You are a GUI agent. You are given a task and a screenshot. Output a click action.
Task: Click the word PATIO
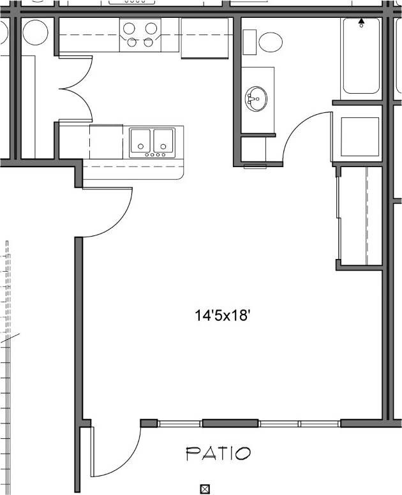click(x=218, y=454)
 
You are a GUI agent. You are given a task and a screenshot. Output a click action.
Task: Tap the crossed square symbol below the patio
click(x=205, y=489)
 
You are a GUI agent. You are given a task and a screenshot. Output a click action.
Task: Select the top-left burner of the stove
click(x=129, y=28)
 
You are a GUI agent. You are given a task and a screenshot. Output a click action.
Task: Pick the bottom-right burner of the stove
click(x=149, y=43)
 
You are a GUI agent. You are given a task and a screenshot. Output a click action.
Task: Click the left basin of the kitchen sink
click(x=140, y=140)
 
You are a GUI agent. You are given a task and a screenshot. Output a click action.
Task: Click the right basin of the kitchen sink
click(x=163, y=140)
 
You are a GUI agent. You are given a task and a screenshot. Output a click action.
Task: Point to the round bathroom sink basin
click(x=256, y=99)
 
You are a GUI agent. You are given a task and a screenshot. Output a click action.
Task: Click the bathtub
click(x=361, y=57)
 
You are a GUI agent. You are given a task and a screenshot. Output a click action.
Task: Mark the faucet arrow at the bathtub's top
click(x=362, y=22)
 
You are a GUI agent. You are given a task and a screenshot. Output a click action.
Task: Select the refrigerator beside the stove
click(x=204, y=38)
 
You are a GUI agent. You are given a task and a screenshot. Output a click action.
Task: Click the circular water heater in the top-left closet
click(x=35, y=32)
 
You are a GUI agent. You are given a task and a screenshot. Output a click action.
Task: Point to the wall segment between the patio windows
click(x=230, y=423)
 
